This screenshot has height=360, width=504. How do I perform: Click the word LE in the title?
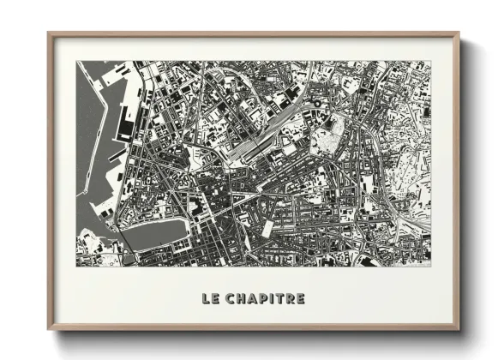click(210, 299)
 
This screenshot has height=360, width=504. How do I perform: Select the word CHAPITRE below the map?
click(267, 299)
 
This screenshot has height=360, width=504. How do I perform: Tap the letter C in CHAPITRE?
click(231, 299)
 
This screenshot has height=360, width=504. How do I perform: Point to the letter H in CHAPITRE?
click(243, 299)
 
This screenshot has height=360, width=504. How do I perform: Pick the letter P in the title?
click(264, 299)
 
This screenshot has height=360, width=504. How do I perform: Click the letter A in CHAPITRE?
click(253, 299)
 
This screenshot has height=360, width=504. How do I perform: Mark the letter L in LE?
click(206, 299)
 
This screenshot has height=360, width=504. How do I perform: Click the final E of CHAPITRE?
click(300, 299)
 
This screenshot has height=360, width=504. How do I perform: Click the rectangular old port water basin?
click(154, 232)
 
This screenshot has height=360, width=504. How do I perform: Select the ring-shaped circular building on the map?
click(316, 104)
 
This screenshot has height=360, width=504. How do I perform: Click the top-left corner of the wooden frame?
click(50, 34)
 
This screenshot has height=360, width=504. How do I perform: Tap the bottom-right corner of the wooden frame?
click(459, 329)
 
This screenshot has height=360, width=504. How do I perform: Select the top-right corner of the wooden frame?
click(459, 34)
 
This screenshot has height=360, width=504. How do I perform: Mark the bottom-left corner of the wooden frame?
click(50, 329)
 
